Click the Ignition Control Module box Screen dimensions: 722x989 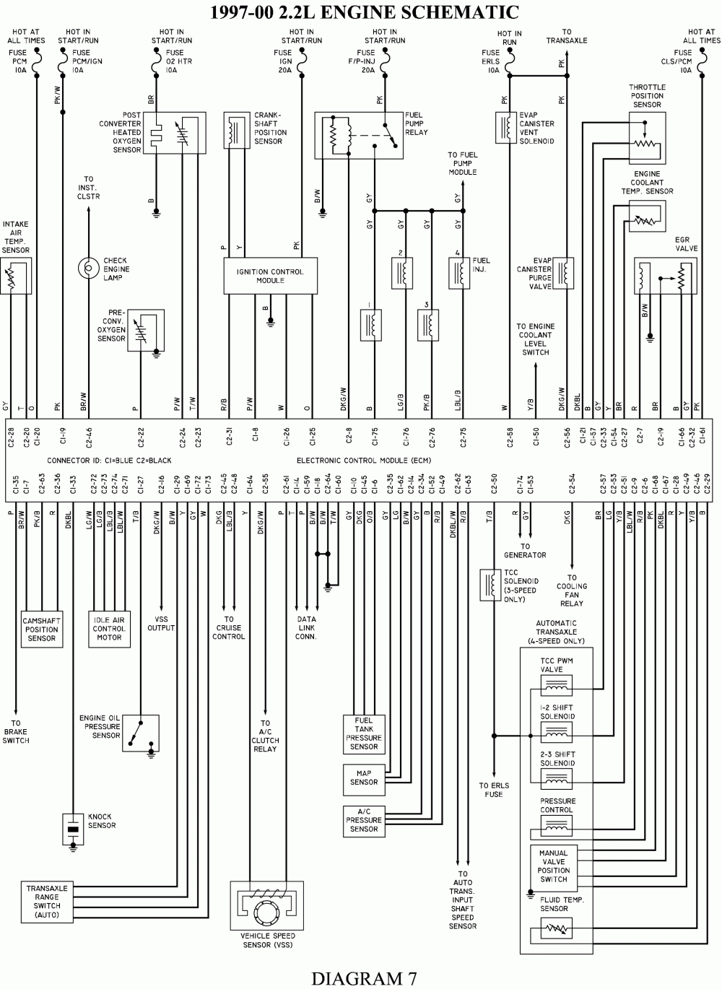pyautogui.click(x=270, y=276)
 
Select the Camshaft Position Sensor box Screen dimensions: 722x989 pyautogui.click(x=42, y=629)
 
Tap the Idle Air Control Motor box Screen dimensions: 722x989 pyautogui.click(x=110, y=629)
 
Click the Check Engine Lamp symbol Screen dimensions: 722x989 pyautogui.click(x=89, y=268)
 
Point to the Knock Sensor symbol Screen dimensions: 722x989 pyautogui.click(x=74, y=829)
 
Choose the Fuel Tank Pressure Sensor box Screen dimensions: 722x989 pyautogui.click(x=364, y=734)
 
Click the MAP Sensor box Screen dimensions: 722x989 pyautogui.click(x=364, y=780)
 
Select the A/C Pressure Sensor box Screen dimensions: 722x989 pyautogui.click(x=364, y=822)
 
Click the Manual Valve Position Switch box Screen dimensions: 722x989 pyautogui.click(x=554, y=866)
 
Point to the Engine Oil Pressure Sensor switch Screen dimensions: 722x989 pyautogui.click(x=141, y=733)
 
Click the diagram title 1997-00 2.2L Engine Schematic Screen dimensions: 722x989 pyautogui.click(x=365, y=12)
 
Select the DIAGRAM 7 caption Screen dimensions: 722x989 pyautogui.click(x=364, y=978)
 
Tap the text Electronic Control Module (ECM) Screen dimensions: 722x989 pyautogui.click(x=364, y=461)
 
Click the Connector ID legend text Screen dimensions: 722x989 pyautogui.click(x=109, y=461)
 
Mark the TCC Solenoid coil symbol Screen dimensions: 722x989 pyautogui.click(x=491, y=585)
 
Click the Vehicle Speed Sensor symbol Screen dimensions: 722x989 pyautogui.click(x=266, y=905)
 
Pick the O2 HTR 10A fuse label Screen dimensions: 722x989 pyautogui.click(x=179, y=61)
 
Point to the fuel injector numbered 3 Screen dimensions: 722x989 pyautogui.click(x=428, y=325)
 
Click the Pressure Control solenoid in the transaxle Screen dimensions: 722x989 pyautogui.click(x=557, y=826)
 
